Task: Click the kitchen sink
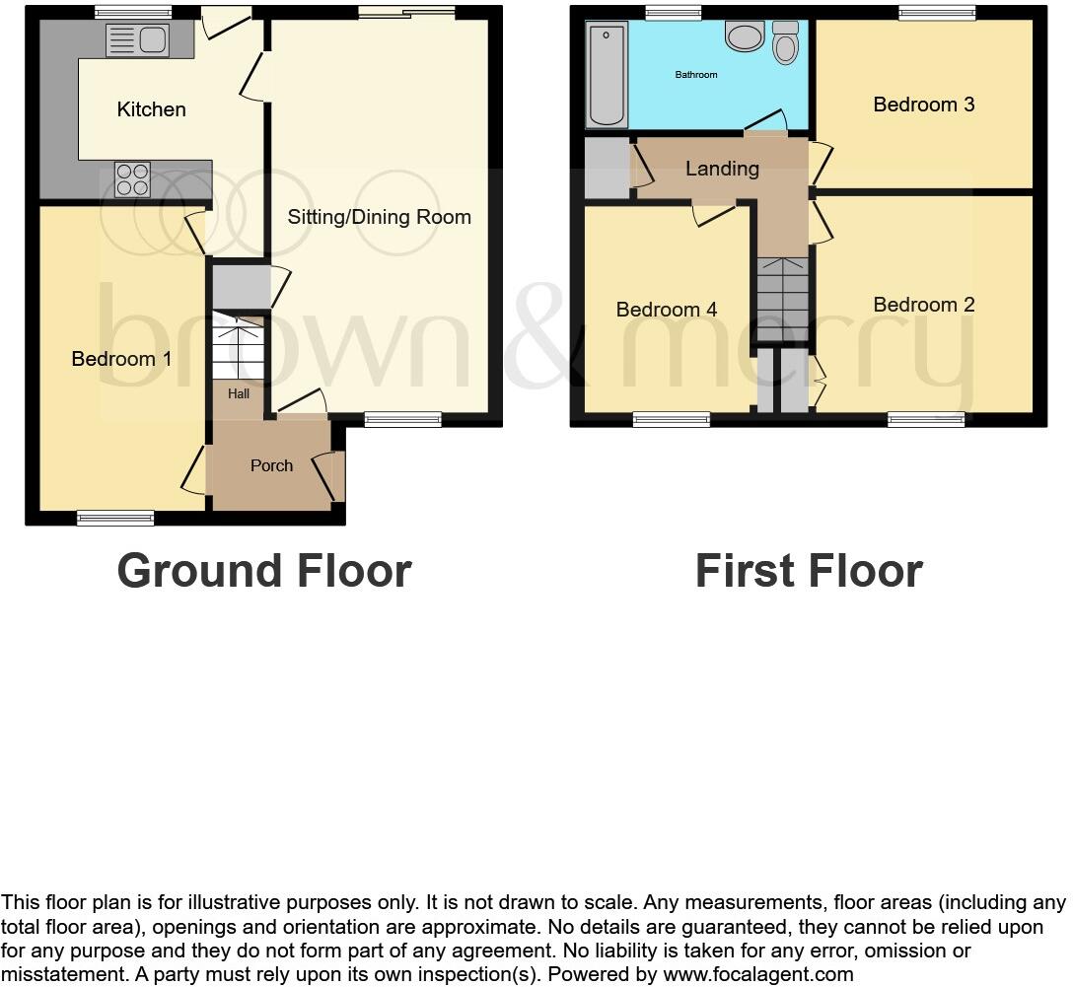tap(137, 40)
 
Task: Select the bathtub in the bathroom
tap(606, 76)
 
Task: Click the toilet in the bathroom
tap(786, 43)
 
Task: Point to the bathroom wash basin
tap(744, 36)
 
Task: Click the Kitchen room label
tap(151, 109)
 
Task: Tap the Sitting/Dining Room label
tap(379, 217)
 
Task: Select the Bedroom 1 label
tap(121, 359)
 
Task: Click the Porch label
tap(271, 465)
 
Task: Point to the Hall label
tap(239, 393)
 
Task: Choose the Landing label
tap(722, 169)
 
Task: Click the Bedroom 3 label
tap(923, 105)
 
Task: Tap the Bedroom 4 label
tap(666, 310)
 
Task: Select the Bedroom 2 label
tap(923, 305)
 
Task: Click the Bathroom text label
tap(695, 75)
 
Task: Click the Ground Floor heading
tap(263, 571)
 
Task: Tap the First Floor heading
tap(808, 571)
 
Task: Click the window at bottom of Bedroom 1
tap(116, 518)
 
